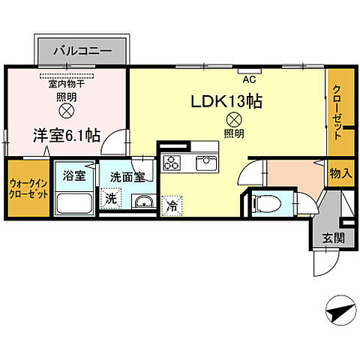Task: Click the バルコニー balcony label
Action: (82, 52)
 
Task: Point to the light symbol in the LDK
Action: (234, 118)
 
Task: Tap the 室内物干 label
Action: (66, 83)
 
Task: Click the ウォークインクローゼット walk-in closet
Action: (28, 187)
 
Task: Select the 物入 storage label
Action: (340, 173)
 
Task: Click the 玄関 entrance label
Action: (334, 238)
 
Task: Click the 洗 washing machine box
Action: (111, 199)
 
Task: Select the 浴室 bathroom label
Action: (74, 177)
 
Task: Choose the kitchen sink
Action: (205, 162)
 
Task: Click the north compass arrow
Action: (339, 310)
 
